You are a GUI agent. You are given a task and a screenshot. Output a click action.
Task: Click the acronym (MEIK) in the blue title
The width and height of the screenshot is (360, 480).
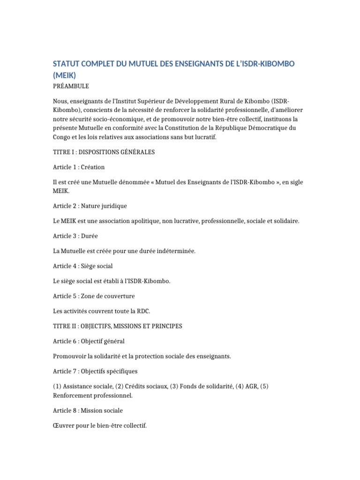[x=65, y=75]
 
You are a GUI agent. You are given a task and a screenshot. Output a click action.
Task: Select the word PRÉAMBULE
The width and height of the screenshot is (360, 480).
[x=71, y=86]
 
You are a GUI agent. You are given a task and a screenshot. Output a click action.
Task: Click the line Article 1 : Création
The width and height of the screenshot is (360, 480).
[x=79, y=167]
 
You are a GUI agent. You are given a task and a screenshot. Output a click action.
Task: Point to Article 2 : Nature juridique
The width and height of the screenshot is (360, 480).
[x=90, y=206]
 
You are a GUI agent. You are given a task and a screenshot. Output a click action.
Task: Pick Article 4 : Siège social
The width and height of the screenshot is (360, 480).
[x=83, y=266]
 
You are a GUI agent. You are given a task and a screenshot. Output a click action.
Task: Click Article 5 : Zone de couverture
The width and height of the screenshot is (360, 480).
[x=94, y=296]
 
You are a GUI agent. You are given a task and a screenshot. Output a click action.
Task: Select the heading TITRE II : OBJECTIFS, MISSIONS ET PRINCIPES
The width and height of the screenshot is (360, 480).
[x=118, y=326]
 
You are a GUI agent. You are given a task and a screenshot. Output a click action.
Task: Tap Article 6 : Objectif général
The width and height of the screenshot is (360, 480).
[x=89, y=341]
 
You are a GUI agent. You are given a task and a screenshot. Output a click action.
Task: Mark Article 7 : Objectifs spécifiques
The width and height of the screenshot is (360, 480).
[x=96, y=371]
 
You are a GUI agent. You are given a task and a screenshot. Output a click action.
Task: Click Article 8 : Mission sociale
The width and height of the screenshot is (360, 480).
[x=88, y=410]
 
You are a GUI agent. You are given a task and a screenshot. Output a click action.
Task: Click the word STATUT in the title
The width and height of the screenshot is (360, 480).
[x=67, y=63]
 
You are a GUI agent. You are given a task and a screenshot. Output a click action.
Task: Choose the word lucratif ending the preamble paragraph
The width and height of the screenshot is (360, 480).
[x=205, y=137]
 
